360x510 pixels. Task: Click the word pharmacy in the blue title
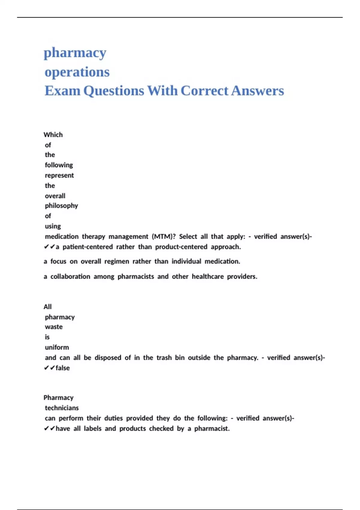[x=75, y=53]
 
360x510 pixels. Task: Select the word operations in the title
[x=77, y=72]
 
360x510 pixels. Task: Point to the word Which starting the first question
[x=53, y=135]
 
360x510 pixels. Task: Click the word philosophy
[x=61, y=206]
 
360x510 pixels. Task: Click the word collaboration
[x=70, y=276]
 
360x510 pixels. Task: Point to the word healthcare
[x=208, y=276]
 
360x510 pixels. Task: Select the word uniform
[x=57, y=347]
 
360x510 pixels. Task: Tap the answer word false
[x=63, y=368]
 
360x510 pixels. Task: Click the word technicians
[x=62, y=408]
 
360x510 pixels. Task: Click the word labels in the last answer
[x=93, y=428]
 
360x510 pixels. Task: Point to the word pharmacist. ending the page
[x=212, y=428]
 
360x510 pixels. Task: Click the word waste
[x=54, y=327]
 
